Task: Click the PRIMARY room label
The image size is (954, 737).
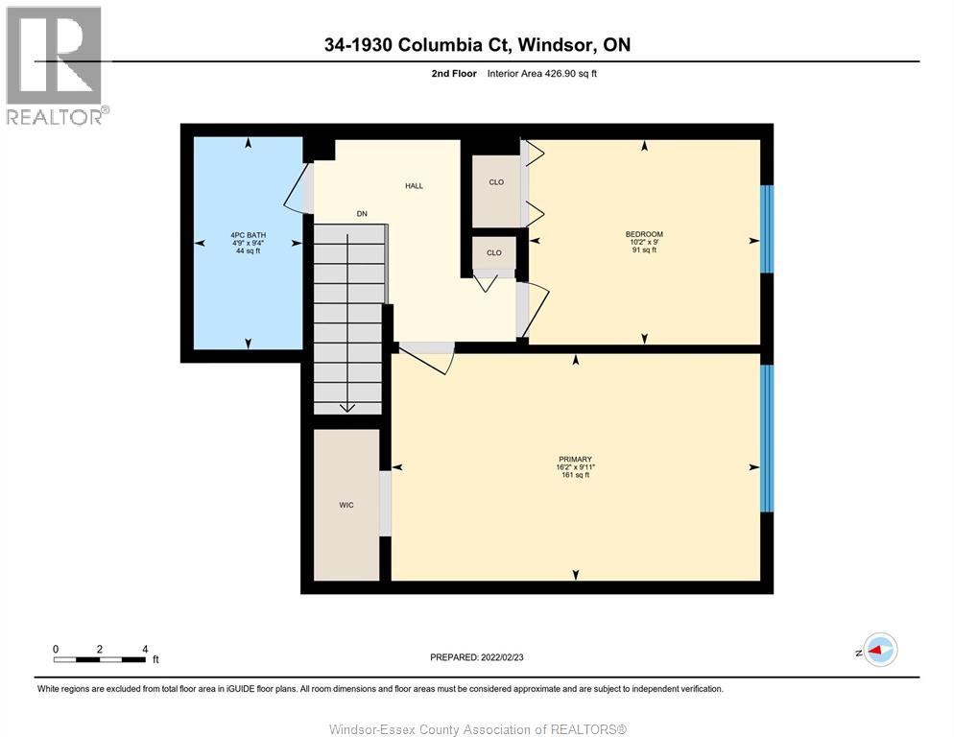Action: coord(576,459)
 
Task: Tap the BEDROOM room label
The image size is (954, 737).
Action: coord(644,234)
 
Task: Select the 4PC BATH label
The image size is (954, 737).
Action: coord(248,235)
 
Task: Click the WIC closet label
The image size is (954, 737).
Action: coord(346,505)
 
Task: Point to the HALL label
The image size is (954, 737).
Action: coord(414,186)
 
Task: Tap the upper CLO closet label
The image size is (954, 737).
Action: coord(495,182)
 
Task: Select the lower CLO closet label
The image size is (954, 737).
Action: coord(493,253)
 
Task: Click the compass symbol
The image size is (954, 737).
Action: coord(879,651)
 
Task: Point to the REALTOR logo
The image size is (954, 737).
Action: coord(55,66)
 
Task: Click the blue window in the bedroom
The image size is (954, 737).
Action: coord(766,229)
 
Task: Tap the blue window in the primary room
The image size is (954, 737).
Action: coord(766,439)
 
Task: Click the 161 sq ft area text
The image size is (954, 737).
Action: coord(576,475)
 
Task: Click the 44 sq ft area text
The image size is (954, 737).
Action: coord(248,251)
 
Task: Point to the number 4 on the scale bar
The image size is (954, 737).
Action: coord(145,649)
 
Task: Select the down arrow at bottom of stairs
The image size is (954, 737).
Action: coord(347,407)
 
